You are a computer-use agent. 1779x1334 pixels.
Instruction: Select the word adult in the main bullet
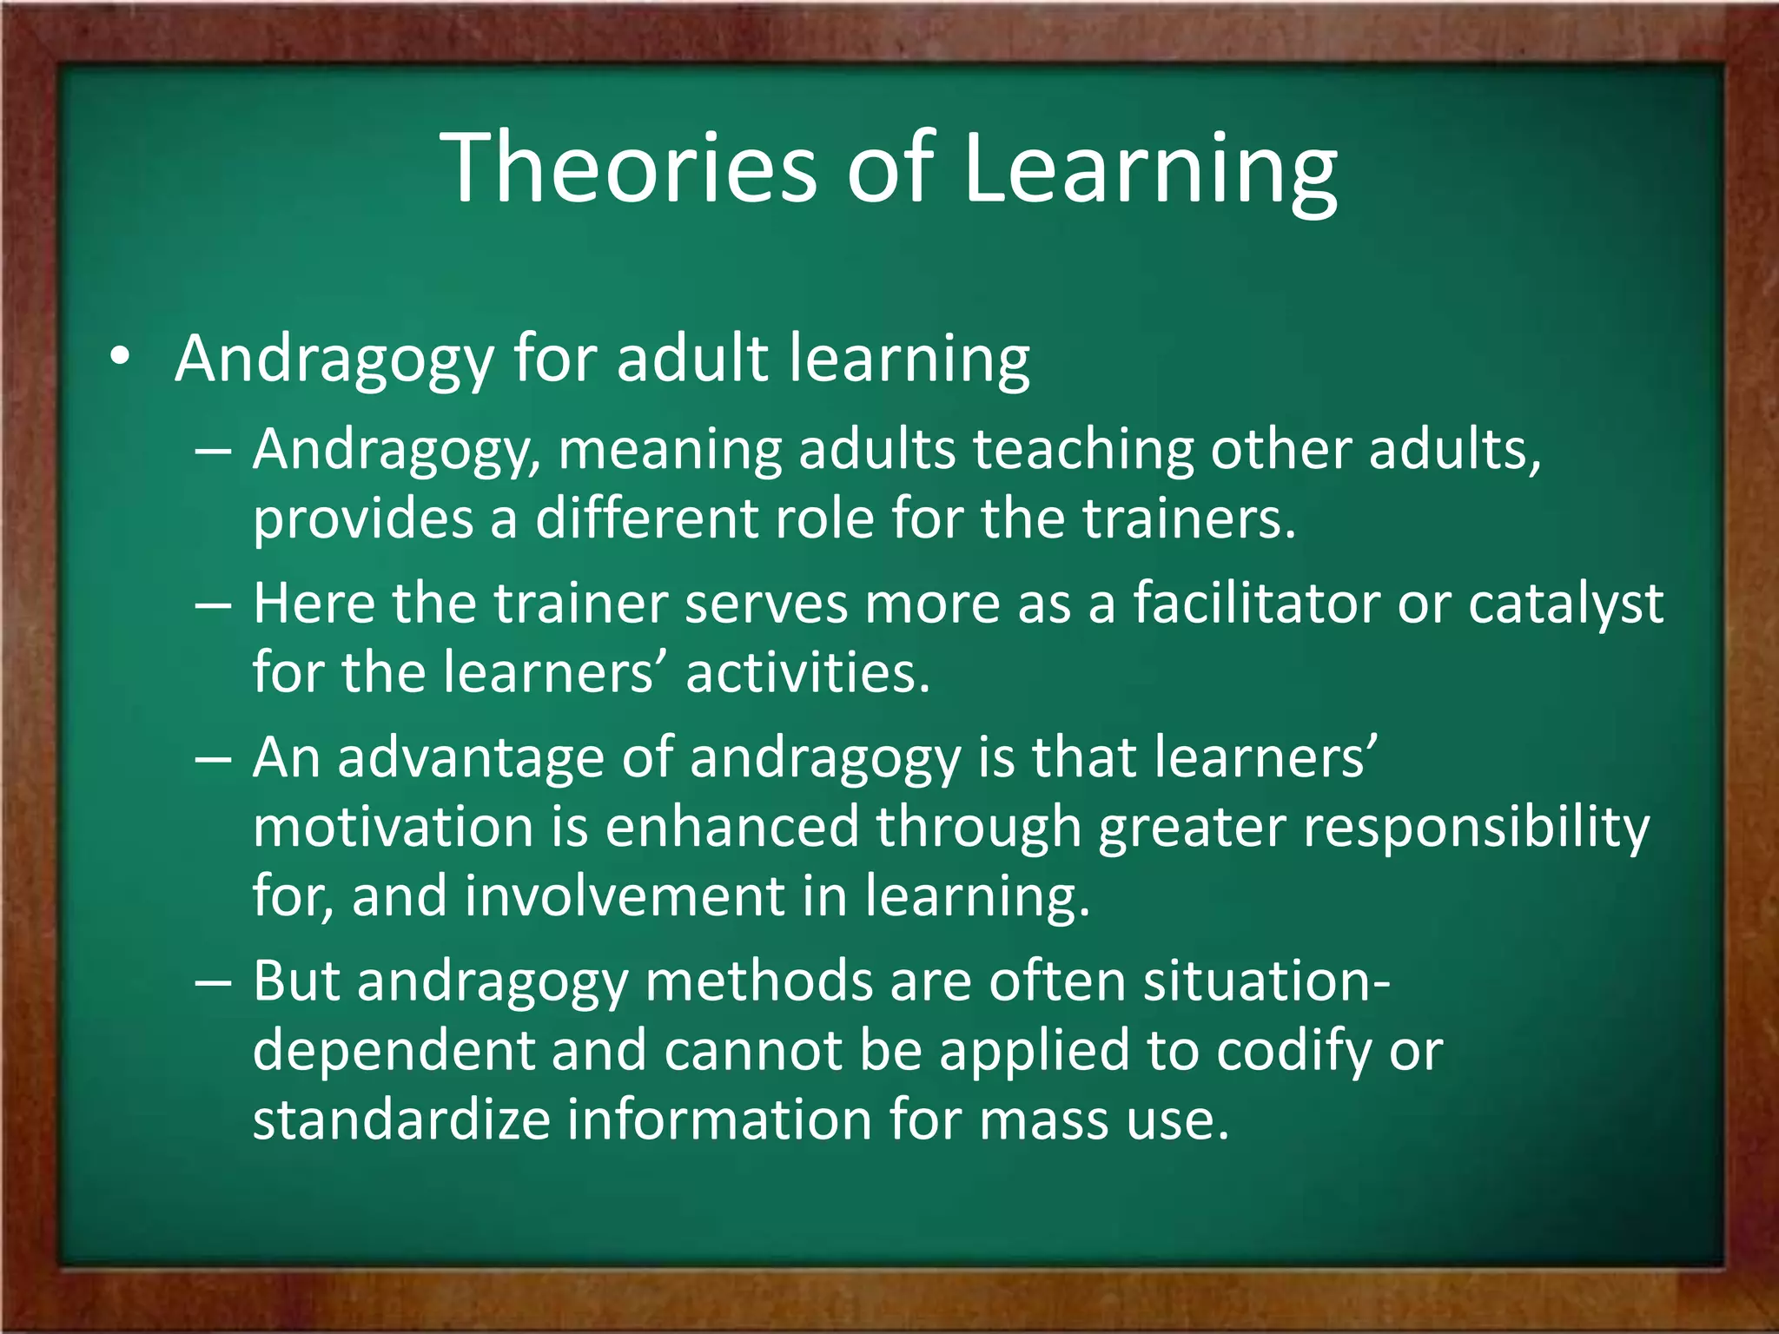coord(691,357)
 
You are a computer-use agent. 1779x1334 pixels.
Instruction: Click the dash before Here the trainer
coord(213,604)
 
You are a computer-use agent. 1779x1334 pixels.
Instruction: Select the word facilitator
coord(1256,604)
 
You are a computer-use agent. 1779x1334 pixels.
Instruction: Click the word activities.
coord(807,672)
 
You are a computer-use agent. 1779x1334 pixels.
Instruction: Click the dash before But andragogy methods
coord(213,982)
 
